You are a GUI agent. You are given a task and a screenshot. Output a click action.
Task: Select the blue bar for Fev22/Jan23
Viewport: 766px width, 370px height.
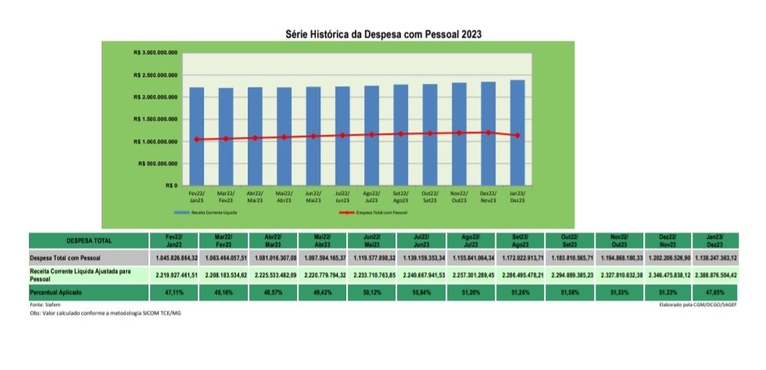coord(197,136)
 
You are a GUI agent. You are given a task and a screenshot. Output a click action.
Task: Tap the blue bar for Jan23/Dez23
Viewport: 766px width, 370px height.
coord(517,133)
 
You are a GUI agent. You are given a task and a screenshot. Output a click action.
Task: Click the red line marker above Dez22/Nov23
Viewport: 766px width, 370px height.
coord(489,132)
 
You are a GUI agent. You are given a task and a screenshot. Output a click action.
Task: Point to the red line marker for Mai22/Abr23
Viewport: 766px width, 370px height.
coord(285,137)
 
